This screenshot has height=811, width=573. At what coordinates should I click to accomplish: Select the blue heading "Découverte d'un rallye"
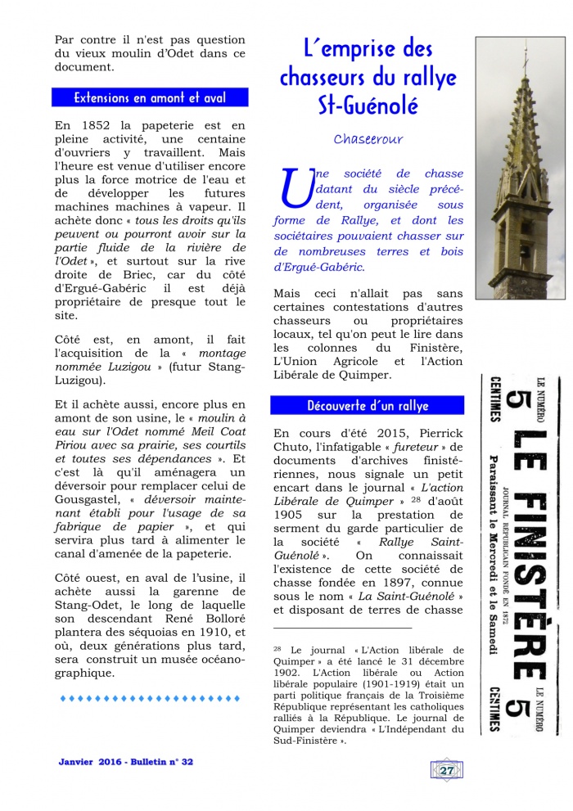coord(368,405)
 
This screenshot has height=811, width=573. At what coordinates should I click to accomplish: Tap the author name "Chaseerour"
coord(368,139)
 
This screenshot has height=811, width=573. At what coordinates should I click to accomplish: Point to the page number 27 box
coord(447,769)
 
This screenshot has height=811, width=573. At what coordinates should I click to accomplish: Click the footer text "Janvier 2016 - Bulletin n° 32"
coord(126,761)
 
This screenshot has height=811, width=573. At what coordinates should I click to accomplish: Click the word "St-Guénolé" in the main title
coord(368,106)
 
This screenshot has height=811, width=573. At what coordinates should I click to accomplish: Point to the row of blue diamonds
coord(150,698)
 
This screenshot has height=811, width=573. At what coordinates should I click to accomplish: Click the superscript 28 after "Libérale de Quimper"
coord(414,498)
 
